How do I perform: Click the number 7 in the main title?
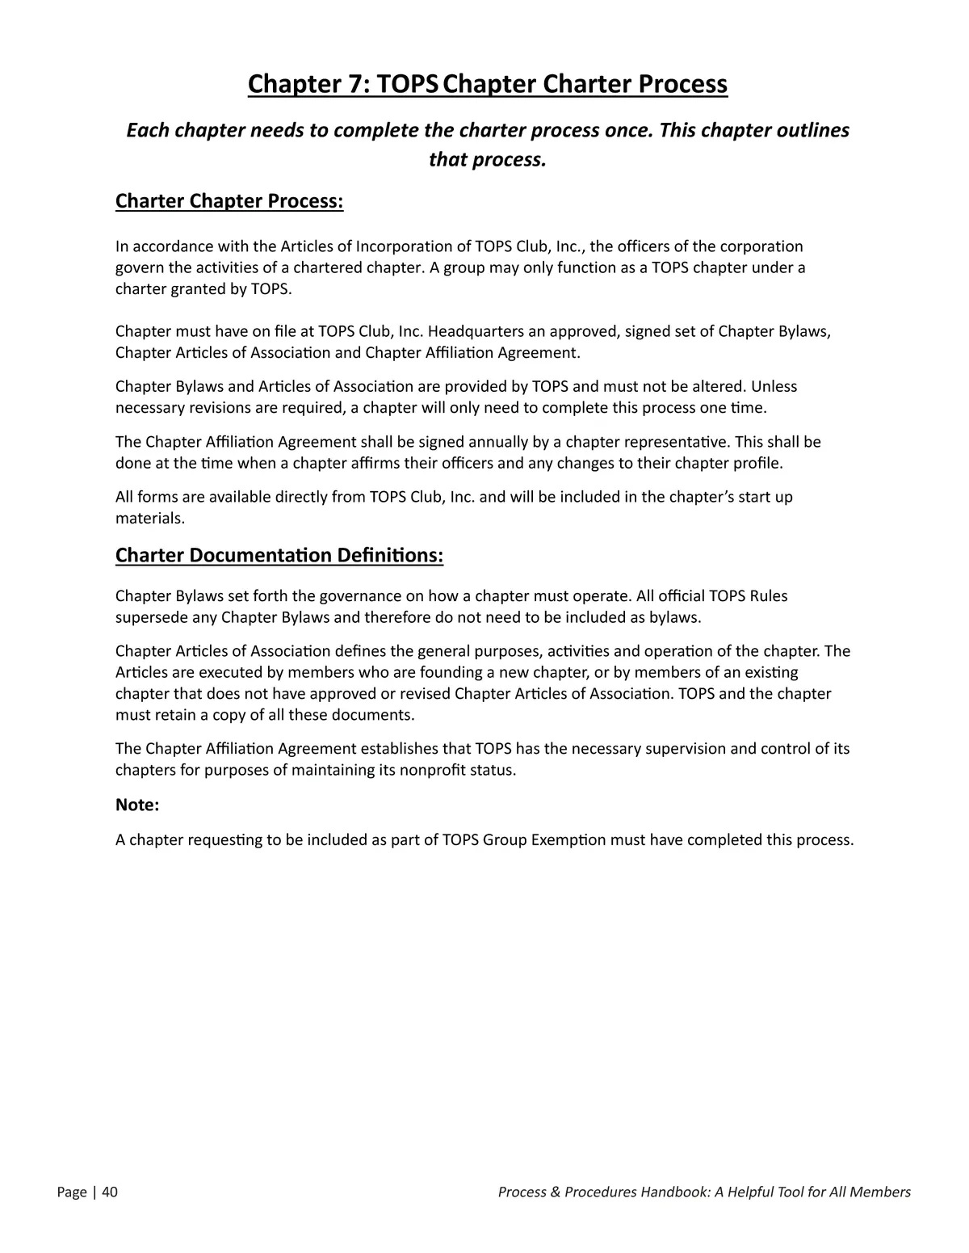point(352,83)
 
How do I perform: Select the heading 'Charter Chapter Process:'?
point(229,200)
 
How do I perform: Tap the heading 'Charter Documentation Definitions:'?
point(279,555)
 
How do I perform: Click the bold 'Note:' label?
point(137,805)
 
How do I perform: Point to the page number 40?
point(110,1192)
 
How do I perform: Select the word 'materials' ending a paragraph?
point(149,518)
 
